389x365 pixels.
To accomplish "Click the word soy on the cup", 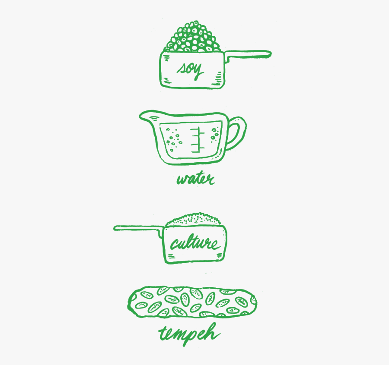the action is (190, 70).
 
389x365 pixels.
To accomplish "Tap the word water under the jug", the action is (195, 178).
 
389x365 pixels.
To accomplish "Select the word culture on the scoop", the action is (195, 243).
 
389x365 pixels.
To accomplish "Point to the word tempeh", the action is (189, 334).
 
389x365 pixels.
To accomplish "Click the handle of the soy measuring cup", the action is (248, 55).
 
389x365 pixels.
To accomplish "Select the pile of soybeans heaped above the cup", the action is (192, 37).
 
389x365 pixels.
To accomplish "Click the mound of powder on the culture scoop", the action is (193, 220).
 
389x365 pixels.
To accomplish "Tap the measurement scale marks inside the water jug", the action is (198, 140).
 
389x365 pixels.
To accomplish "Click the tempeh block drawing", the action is (192, 302).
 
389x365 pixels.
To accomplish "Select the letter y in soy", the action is (198, 72).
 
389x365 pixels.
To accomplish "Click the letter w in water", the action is (183, 179).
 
